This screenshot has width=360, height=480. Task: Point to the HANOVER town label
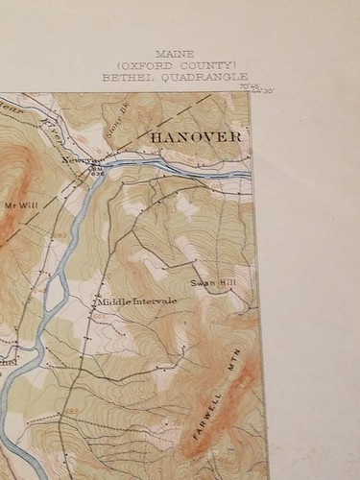point(196,137)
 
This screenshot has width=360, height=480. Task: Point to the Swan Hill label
point(212,284)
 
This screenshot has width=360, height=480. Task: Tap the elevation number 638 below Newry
point(96,175)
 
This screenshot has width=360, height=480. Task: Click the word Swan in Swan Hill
point(202,284)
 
